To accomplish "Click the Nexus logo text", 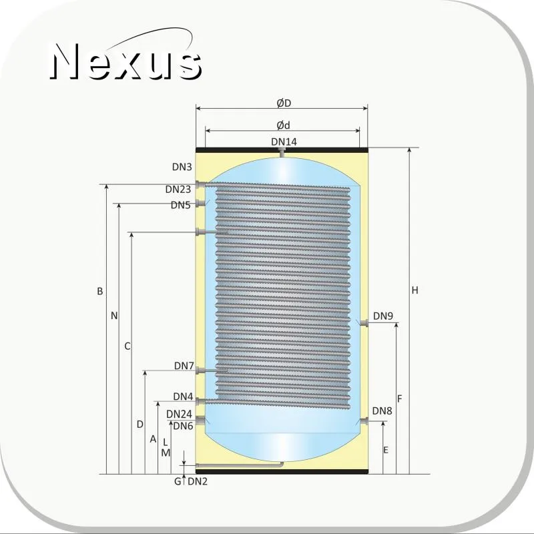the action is (125, 61).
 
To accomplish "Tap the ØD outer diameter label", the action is (284, 103).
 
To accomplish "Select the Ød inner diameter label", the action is (283, 125).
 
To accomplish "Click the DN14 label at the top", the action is (284, 142).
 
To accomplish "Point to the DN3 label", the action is (182, 167).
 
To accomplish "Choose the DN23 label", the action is (178, 190).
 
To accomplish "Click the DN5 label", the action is (180, 205).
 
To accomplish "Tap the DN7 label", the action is (184, 366).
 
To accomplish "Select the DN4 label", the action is (183, 396).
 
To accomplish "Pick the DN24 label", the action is (179, 414).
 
